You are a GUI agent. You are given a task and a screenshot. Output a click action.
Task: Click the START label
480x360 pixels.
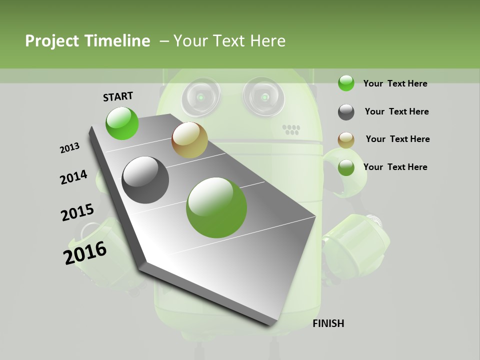(118, 96)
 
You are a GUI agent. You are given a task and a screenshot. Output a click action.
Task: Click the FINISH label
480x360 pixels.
(328, 323)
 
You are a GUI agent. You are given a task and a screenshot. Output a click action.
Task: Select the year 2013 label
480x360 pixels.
(69, 147)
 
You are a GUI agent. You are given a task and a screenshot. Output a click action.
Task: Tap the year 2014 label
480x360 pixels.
(73, 177)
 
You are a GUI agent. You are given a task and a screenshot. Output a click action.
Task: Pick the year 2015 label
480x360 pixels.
(77, 212)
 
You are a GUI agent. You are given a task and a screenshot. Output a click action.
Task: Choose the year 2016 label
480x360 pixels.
(85, 253)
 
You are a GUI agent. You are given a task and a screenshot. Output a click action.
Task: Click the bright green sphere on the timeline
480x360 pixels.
(122, 123)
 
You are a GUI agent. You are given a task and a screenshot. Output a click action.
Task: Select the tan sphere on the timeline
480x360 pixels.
(189, 140)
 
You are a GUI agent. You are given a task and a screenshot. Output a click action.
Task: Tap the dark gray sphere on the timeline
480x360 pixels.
(145, 180)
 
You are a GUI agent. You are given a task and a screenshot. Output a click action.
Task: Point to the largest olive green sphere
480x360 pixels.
(216, 207)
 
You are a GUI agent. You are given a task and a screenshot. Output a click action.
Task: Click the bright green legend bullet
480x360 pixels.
(346, 83)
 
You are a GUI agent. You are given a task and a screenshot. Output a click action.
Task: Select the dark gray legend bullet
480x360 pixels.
(346, 112)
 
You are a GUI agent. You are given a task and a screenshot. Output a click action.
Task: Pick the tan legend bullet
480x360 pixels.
(346, 139)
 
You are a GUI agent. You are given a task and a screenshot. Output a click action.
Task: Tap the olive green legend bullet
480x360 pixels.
(346, 167)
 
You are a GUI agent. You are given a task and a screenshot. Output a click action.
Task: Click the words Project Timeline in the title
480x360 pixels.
(87, 41)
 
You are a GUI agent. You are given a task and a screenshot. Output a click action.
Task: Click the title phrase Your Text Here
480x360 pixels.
(229, 41)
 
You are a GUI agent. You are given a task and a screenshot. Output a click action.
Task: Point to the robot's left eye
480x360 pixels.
(200, 96)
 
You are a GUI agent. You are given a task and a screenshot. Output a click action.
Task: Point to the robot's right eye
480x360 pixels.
(263, 96)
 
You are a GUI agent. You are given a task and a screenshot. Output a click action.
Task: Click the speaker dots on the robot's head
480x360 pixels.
(291, 130)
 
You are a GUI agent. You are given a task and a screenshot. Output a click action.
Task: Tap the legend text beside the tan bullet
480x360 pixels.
(397, 139)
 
